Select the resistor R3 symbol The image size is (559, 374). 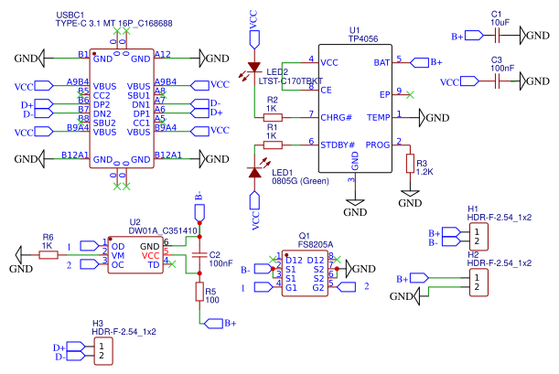click(x=410, y=163)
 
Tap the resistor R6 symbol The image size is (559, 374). click(x=48, y=256)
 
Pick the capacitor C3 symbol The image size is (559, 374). click(x=497, y=81)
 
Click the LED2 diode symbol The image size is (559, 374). click(x=254, y=68)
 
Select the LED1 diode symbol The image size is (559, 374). click(x=254, y=172)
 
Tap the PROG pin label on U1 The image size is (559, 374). click(x=377, y=144)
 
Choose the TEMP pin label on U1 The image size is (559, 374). click(x=377, y=117)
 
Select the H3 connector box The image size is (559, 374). click(x=103, y=351)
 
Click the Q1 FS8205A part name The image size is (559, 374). click(x=316, y=245)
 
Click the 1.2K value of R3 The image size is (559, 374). click(x=425, y=172)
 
